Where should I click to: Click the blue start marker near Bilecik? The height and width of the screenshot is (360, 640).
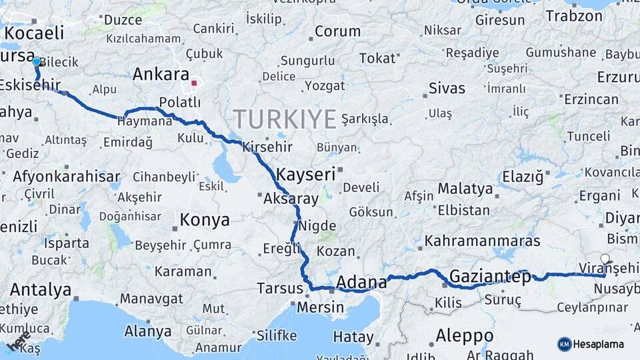coord(36,61)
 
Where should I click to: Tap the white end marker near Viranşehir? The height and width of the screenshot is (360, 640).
coord(605,259)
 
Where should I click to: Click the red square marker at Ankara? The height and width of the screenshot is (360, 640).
coord(194,83)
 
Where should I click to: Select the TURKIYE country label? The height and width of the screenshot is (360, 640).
coord(285,120)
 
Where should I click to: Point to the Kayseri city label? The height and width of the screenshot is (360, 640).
coord(305,175)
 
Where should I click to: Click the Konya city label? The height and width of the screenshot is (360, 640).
coord(205,220)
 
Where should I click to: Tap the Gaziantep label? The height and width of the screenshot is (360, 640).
coord(490,277)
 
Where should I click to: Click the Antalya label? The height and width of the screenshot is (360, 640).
coord(41,290)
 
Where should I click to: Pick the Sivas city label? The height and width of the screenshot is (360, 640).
coord(447,88)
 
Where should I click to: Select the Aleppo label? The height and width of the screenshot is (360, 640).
coord(465,335)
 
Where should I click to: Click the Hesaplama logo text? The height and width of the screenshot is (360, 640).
coord(599,344)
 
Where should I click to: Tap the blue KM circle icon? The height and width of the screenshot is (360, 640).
coord(565,344)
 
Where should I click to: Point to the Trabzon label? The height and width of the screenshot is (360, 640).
coord(574,16)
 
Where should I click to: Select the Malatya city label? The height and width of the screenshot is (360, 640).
coord(465,189)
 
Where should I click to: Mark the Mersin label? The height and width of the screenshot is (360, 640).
coord(320,308)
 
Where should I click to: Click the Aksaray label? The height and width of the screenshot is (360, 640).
coord(291,199)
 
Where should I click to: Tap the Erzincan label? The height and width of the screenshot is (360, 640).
coord(591,99)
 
